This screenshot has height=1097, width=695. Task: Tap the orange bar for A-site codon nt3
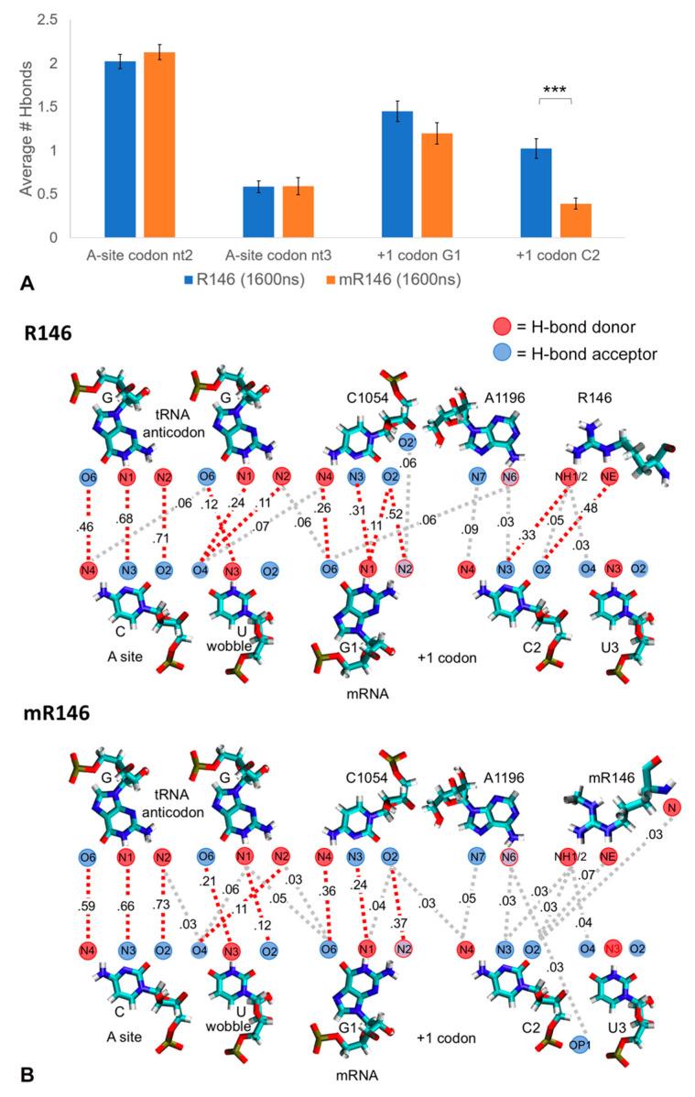[298, 212]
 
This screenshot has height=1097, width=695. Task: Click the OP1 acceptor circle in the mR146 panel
[578, 1044]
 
